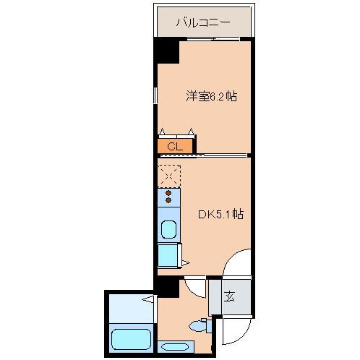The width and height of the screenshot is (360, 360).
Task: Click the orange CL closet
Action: click(x=174, y=147)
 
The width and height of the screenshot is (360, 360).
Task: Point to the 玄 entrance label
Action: click(x=229, y=296)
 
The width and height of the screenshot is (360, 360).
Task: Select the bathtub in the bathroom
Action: click(x=131, y=338)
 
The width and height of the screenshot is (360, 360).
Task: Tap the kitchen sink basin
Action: click(x=168, y=231)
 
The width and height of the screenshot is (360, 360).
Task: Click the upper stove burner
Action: click(x=168, y=193)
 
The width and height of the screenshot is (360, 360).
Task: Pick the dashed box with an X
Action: click(x=168, y=175)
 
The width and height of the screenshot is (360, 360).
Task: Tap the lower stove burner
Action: click(x=168, y=202)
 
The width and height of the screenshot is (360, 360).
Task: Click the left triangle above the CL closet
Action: click(x=163, y=131)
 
